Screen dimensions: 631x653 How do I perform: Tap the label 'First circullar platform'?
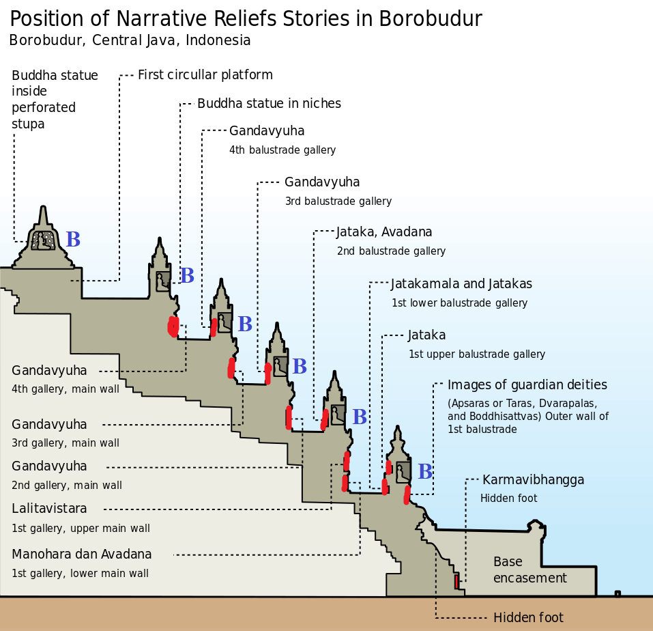(x=205, y=75)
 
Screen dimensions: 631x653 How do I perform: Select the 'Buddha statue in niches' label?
(x=269, y=104)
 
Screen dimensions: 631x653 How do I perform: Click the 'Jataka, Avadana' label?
(x=384, y=232)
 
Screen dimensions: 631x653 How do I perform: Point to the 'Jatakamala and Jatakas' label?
(x=461, y=284)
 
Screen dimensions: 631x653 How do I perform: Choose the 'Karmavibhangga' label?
(x=533, y=480)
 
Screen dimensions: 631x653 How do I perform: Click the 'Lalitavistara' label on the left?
(x=49, y=509)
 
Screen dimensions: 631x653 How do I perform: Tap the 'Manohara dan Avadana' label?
(x=82, y=555)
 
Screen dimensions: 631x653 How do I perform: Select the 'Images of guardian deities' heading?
(x=527, y=385)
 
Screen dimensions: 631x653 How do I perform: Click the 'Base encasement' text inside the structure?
(x=529, y=570)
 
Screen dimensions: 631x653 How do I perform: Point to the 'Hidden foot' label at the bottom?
(x=528, y=618)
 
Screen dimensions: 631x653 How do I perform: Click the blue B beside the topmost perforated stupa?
(x=73, y=240)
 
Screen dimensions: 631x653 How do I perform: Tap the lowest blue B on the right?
(x=425, y=472)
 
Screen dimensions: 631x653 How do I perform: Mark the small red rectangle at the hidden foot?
(x=456, y=582)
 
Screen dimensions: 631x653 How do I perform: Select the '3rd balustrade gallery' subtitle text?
(x=338, y=201)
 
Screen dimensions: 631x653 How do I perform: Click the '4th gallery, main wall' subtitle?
(x=65, y=389)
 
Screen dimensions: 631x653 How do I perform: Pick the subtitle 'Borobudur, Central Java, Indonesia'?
(x=130, y=40)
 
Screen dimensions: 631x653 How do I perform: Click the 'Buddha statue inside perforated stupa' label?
(x=55, y=100)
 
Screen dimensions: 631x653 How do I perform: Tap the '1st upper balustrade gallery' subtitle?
(x=476, y=354)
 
